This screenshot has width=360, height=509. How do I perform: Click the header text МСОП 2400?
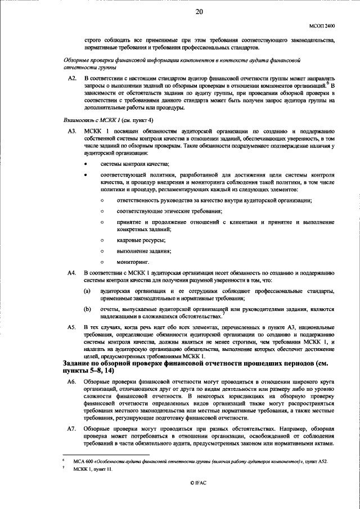[x=322, y=26]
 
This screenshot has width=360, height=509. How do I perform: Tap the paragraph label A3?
[x=71, y=131]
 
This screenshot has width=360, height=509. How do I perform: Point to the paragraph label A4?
[x=71, y=273]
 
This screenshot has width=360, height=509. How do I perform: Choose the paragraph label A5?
[x=71, y=327]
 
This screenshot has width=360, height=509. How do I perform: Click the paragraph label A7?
[x=71, y=429]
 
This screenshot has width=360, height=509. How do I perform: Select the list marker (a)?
[x=88, y=291]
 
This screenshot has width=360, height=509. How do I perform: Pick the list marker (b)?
[x=88, y=309]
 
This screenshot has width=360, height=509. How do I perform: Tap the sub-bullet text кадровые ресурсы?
[x=137, y=240]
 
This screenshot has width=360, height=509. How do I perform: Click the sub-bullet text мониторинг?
[x=133, y=262]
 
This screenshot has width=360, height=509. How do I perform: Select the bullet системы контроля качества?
[x=134, y=164]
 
